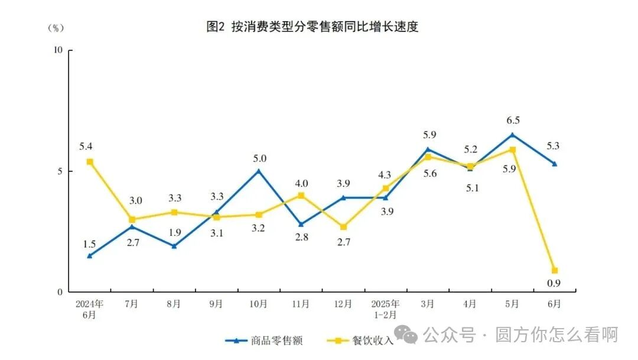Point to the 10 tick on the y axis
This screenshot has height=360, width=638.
pyautogui.click(x=58, y=50)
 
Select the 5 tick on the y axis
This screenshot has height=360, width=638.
pyautogui.click(x=60, y=171)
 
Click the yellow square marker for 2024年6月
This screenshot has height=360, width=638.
pyautogui.click(x=89, y=161)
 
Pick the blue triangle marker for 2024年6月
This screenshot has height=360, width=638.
pyautogui.click(x=89, y=255)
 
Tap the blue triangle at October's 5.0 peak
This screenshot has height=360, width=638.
pyautogui.click(x=259, y=171)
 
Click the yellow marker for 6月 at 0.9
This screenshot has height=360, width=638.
pyautogui.click(x=555, y=270)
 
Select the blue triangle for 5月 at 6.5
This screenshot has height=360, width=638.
pyautogui.click(x=512, y=134)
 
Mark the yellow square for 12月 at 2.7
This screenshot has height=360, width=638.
pyautogui.click(x=343, y=227)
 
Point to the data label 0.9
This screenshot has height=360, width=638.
pyautogui.click(x=554, y=284)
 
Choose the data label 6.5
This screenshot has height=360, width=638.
pyautogui.click(x=513, y=120)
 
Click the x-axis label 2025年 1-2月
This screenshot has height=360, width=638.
pyautogui.click(x=385, y=308)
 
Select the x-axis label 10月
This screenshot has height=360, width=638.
pyautogui.click(x=259, y=304)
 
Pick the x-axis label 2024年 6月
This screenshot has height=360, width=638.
pyautogui.click(x=90, y=308)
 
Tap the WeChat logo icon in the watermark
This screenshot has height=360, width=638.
pyautogui.click(x=407, y=335)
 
